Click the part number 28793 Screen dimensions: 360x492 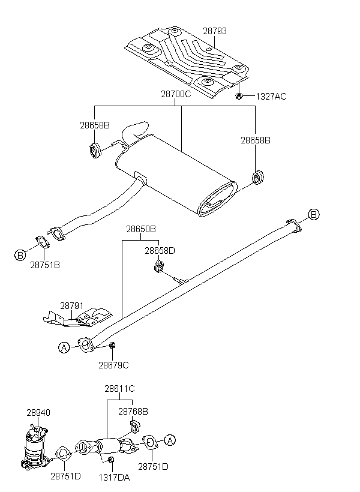pyautogui.click(x=215, y=31)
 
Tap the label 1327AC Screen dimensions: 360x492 pyautogui.click(x=271, y=97)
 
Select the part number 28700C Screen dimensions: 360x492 pyautogui.click(x=176, y=94)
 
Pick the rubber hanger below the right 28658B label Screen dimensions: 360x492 pyautogui.click(x=258, y=177)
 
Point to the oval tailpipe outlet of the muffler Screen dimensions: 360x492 pyautogui.click(x=217, y=199)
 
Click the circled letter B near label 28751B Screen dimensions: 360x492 pyautogui.click(x=20, y=255)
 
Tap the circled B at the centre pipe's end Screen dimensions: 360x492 pyautogui.click(x=314, y=214)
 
